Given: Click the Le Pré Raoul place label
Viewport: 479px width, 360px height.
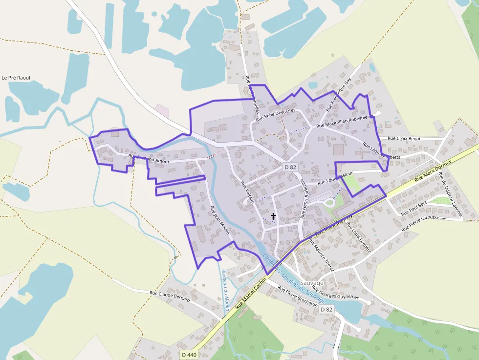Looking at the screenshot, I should [16, 78].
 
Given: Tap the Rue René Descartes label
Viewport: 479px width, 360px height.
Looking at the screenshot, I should [276, 114].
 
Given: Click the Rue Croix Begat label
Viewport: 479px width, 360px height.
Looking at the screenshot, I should [404, 139].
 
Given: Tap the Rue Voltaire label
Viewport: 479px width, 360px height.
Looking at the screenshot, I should [248, 192].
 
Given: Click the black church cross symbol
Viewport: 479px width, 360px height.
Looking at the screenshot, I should [273, 216].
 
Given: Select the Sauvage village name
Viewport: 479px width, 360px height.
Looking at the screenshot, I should [311, 283].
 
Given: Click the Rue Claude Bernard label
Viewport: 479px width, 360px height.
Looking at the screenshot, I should [170, 296].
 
